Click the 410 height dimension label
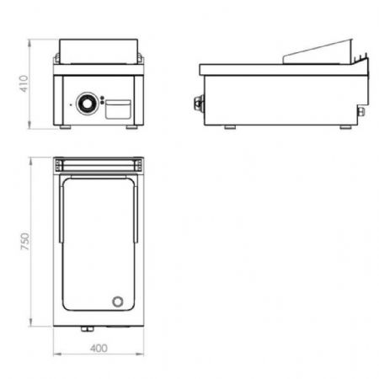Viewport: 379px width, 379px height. (24, 83)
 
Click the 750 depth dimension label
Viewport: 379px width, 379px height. (25, 242)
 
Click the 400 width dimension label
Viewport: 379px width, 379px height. (99, 349)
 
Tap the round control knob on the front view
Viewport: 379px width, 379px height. (88, 104)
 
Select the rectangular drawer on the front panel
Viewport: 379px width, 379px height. (118, 109)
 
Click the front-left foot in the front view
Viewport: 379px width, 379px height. (65, 127)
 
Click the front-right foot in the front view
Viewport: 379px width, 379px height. (131, 127)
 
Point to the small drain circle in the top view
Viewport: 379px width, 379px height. (118, 302)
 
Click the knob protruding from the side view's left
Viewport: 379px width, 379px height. (199, 102)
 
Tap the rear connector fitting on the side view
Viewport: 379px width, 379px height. (361, 111)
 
